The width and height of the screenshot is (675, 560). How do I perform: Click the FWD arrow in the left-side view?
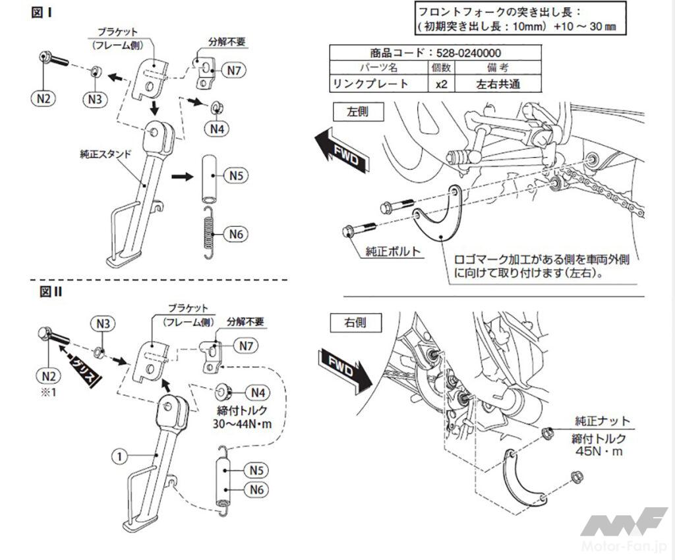pyautogui.click(x=343, y=149)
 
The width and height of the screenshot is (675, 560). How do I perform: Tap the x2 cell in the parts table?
pyautogui.click(x=437, y=83)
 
